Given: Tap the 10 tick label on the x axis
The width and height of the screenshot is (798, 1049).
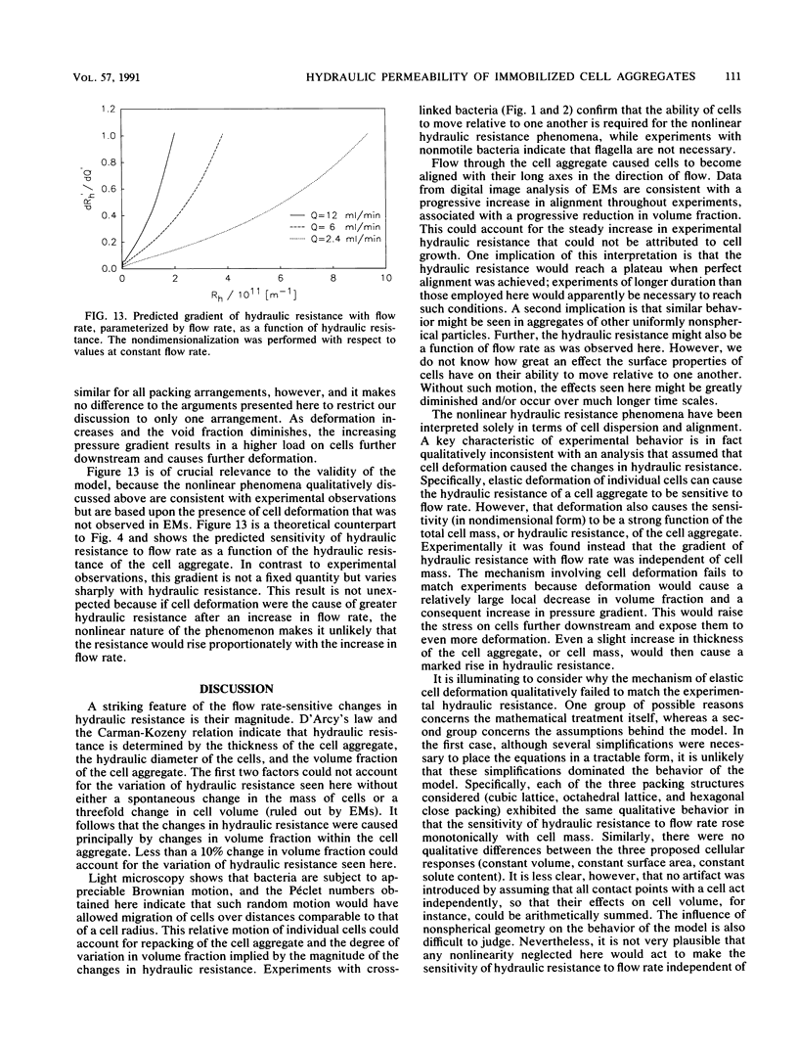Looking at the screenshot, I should [386, 278].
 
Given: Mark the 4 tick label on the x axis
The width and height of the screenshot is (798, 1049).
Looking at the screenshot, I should [228, 278].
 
